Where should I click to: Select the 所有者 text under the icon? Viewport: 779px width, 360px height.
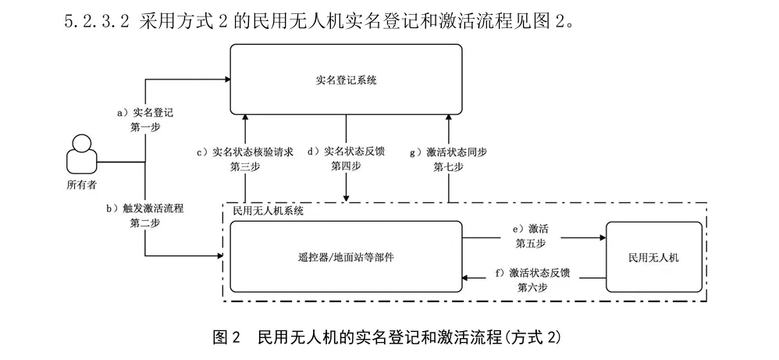[81, 184]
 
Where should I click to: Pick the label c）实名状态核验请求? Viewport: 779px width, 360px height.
[245, 152]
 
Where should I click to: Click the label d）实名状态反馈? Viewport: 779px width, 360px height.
[347, 152]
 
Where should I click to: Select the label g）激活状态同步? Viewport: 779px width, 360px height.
[448, 152]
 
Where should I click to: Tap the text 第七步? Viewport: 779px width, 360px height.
[448, 166]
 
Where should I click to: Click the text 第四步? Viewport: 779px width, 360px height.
[347, 166]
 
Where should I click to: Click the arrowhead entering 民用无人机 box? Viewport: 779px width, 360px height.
[602, 235]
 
